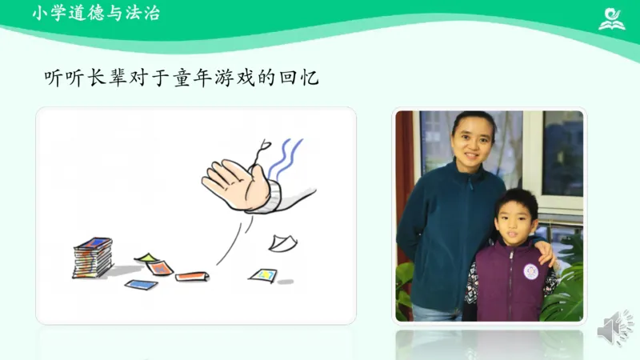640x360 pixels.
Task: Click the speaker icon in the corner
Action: (x=617, y=329)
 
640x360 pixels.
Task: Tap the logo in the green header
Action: (x=612, y=17)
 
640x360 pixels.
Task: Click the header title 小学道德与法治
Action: (x=95, y=14)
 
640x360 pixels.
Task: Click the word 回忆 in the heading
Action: (x=305, y=78)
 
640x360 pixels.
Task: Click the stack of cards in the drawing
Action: (x=93, y=257)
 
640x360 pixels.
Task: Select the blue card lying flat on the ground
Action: (x=140, y=284)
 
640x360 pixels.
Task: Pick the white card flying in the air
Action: (x=282, y=242)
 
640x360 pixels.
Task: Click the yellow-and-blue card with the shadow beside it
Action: (x=263, y=275)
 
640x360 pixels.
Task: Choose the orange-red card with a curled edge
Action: (x=192, y=277)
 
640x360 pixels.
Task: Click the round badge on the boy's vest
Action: (x=530, y=271)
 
